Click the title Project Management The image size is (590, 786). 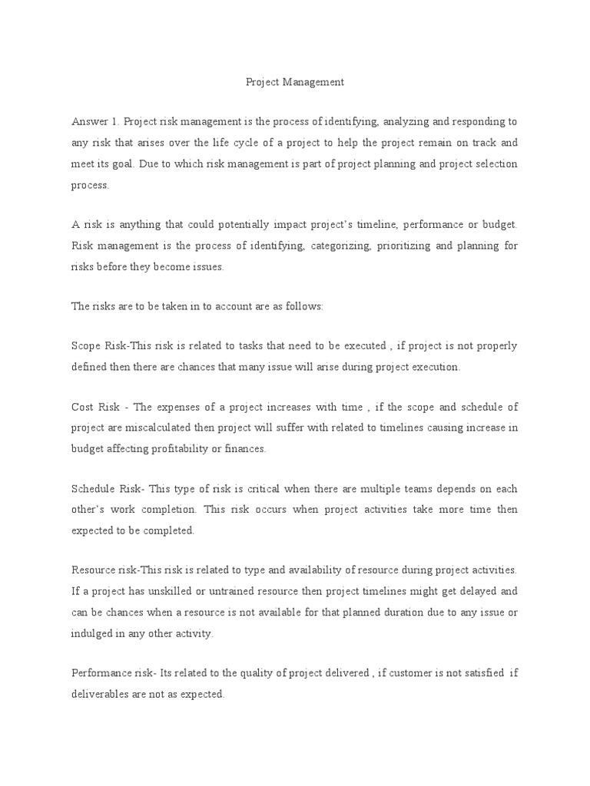point(295,81)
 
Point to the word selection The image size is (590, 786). point(495,164)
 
